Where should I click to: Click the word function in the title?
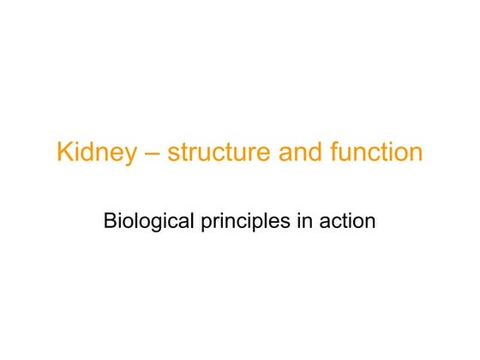(x=373, y=153)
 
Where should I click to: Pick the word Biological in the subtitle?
(x=151, y=221)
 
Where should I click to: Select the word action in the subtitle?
(x=350, y=221)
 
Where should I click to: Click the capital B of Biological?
(x=109, y=221)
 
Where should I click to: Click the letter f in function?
(x=327, y=153)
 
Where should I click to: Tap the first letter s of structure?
(x=173, y=155)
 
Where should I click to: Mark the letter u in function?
(x=341, y=155)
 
